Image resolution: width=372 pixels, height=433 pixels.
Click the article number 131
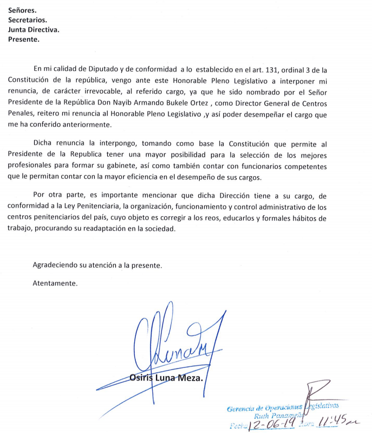tap(292, 69)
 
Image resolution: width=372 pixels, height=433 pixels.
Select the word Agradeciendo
tap(56, 266)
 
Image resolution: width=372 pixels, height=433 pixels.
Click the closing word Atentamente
tap(55, 283)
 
